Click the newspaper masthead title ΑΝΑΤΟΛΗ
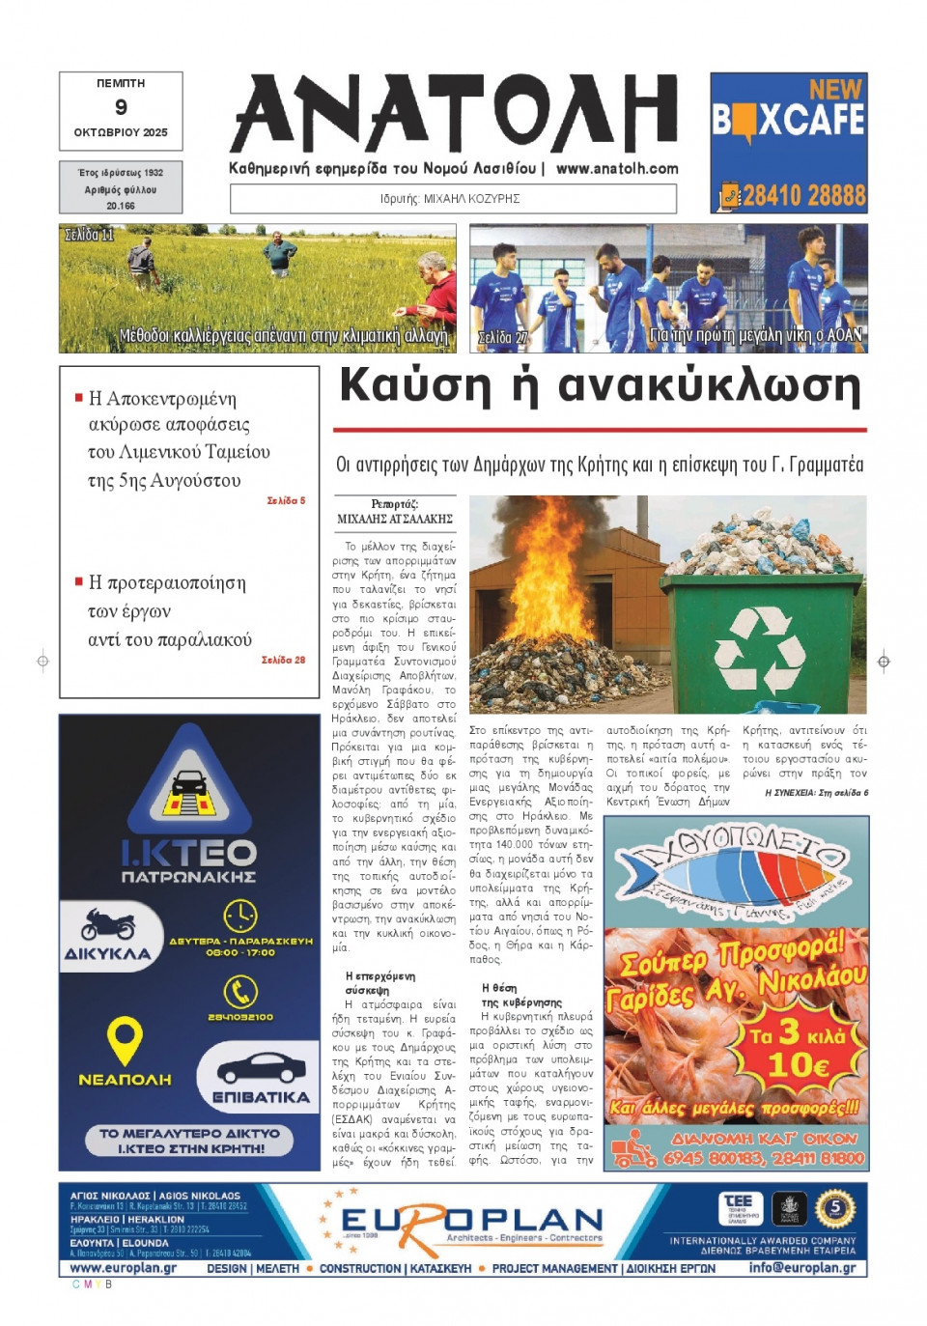454,114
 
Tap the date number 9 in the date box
121,107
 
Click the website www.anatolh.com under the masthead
617,168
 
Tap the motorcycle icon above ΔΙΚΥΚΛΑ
108,923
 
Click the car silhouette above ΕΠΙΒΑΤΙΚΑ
261,1068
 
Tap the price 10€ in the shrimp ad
798,1065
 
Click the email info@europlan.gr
801,1268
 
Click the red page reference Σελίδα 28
283,660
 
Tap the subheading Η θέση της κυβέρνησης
520,996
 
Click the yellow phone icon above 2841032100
239,991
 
